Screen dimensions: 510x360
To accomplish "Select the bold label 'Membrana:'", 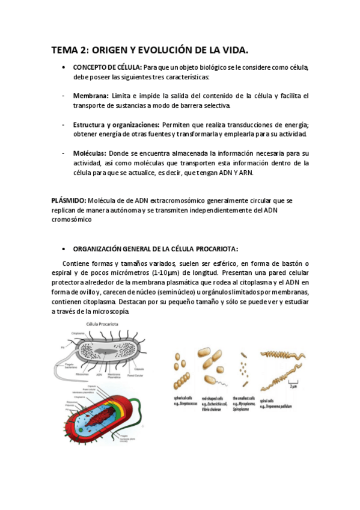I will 91,96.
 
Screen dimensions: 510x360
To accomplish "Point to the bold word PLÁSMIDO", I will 68,200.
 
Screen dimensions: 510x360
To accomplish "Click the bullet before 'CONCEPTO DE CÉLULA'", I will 64,67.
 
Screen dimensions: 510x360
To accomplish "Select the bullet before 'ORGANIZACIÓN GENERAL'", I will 64,248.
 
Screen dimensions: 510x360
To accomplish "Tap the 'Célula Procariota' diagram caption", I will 101,324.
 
